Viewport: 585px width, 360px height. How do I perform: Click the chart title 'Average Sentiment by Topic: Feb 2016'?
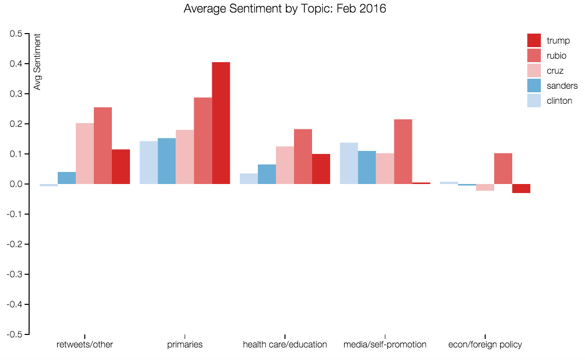click(285, 9)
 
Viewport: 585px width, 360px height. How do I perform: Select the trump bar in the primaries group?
click(221, 123)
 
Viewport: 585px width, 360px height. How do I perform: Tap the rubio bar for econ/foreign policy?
click(503, 168)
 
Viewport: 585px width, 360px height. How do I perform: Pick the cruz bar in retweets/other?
click(85, 153)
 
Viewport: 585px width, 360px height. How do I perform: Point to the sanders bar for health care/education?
click(267, 174)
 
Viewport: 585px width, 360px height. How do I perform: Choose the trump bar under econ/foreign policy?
click(521, 189)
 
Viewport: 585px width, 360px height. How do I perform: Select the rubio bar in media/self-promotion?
click(403, 151)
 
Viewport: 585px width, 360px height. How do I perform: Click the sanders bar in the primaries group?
click(167, 161)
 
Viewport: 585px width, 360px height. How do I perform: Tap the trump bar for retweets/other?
click(121, 166)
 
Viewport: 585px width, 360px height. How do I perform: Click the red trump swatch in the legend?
click(534, 41)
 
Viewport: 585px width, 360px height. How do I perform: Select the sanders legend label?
click(562, 86)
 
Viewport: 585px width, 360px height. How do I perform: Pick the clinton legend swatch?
click(534, 101)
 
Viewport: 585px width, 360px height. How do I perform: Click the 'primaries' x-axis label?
click(185, 344)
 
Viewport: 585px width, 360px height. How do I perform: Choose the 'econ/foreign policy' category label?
click(485, 344)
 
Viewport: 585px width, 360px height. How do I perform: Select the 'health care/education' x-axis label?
click(284, 344)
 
